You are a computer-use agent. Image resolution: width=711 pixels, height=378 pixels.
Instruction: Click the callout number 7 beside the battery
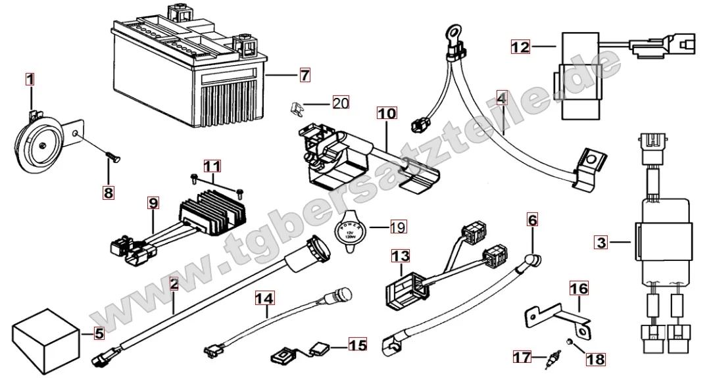[x=304, y=76]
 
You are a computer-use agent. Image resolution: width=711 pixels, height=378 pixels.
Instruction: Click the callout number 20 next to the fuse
[x=340, y=103]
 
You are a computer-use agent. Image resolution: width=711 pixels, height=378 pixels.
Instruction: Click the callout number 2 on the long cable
[x=174, y=285]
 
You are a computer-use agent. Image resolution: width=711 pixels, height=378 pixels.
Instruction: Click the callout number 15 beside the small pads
[x=357, y=343]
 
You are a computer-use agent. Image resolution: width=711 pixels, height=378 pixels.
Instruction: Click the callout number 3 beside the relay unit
[x=599, y=242]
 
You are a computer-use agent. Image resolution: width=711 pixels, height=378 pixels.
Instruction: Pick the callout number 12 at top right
[x=520, y=47]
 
